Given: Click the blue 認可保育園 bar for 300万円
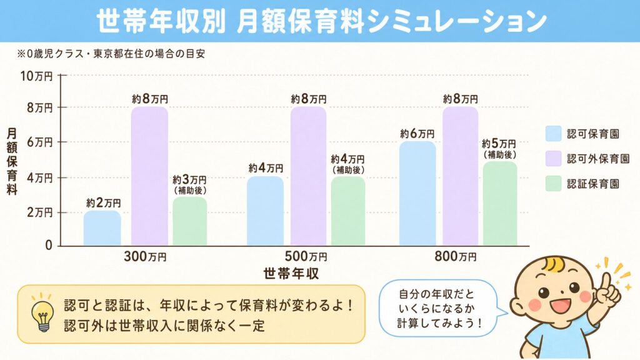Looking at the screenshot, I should tap(102, 228).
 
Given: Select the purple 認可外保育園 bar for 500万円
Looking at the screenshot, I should tap(308, 176).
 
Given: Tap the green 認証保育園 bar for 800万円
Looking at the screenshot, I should tap(499, 204).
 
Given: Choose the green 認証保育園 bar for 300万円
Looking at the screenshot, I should tap(189, 222).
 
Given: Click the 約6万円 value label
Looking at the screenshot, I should tap(417, 133).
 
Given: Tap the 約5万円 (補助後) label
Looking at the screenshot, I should tap(499, 148).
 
